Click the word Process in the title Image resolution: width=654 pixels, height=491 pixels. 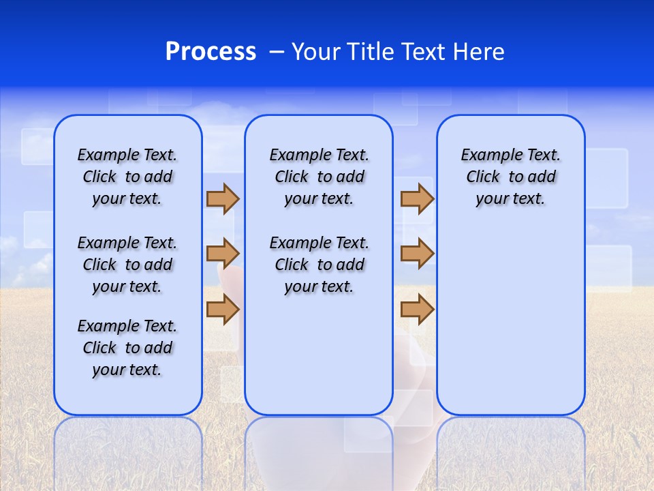click(211, 52)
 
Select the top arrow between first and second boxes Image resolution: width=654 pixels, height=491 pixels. click(222, 198)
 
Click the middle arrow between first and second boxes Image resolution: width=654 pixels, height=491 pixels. click(222, 254)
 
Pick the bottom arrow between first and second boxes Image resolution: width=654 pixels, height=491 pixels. click(222, 310)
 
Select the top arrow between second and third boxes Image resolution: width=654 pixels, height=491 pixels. click(417, 198)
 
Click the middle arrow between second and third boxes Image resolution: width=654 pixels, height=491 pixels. click(417, 254)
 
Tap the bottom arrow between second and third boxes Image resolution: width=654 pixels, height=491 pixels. click(417, 310)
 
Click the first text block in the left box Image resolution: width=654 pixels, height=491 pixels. click(127, 177)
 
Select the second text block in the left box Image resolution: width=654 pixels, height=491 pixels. click(127, 265)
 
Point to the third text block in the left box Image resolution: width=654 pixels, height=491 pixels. click(127, 348)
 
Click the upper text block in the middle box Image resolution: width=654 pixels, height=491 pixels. click(319, 177)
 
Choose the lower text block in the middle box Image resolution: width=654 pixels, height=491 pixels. click(319, 265)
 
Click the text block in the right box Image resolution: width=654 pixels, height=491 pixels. click(511, 177)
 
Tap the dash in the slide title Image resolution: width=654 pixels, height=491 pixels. click(277, 52)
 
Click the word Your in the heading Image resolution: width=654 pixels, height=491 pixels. click(315, 52)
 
